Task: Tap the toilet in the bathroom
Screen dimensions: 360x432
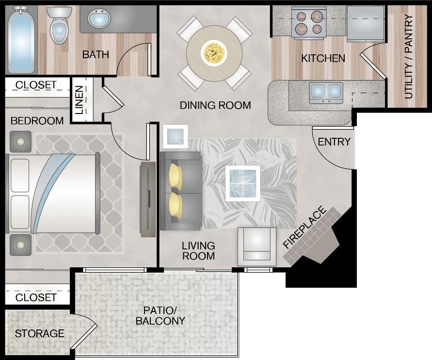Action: pos(59,27)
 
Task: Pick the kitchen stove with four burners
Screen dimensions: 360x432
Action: pos(309,23)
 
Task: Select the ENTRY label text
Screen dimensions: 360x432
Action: pos(334,142)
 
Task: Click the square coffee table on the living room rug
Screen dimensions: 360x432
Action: pos(242,183)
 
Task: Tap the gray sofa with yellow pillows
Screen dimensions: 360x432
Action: pos(180,191)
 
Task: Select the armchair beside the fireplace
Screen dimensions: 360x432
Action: pos(256,246)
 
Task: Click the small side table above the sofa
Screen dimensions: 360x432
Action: pos(175,136)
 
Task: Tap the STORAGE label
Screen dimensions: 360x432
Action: pos(39,334)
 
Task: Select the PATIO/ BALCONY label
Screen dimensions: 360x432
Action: pos(160,315)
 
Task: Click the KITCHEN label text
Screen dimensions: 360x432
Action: pos(323,59)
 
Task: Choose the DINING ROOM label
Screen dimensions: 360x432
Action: pos(215,105)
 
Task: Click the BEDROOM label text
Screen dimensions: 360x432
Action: pos(37,121)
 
